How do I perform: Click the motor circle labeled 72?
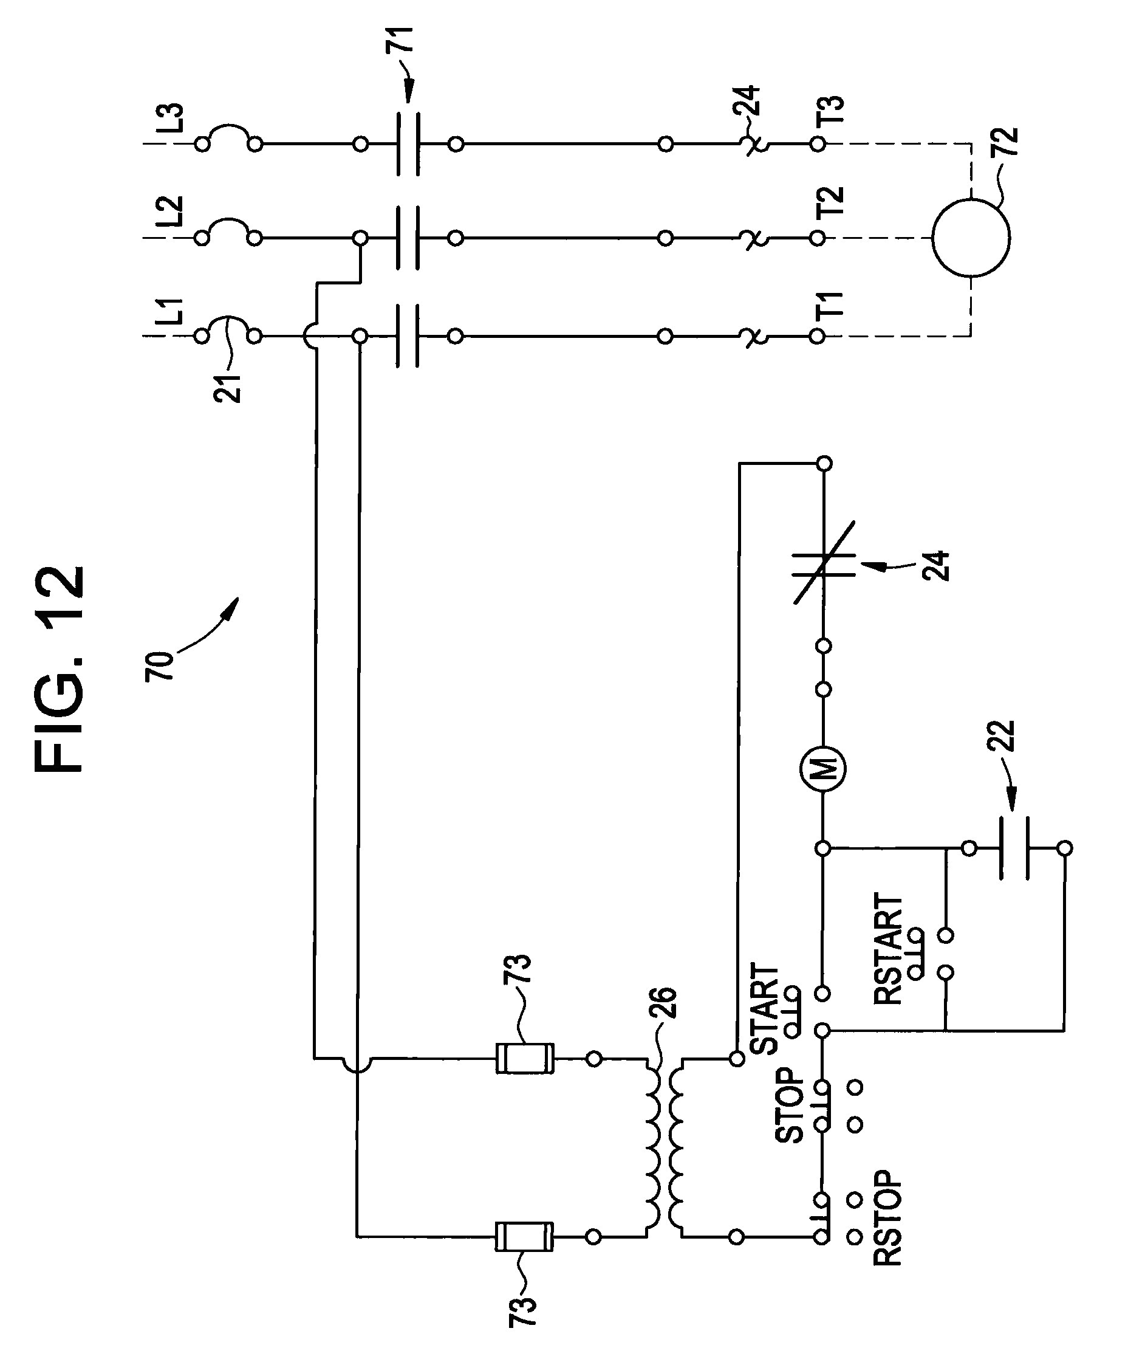pyautogui.click(x=971, y=238)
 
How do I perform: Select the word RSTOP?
pyautogui.click(x=887, y=1219)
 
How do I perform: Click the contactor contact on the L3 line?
pyautogui.click(x=408, y=143)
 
